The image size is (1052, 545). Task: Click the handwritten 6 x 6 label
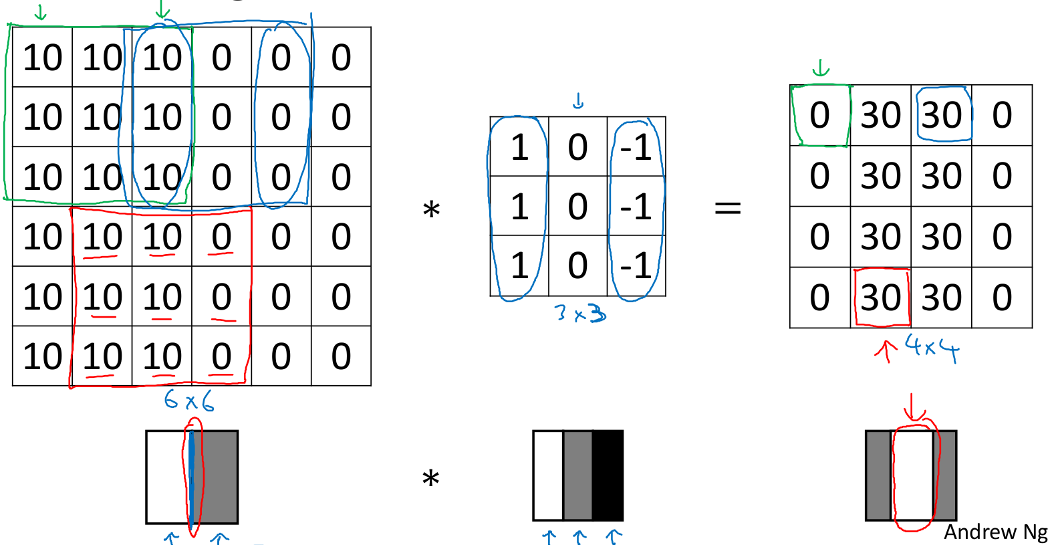(189, 401)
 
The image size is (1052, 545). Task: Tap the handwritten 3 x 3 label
(580, 313)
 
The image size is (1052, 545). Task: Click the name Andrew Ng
(995, 532)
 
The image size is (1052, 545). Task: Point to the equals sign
(728, 207)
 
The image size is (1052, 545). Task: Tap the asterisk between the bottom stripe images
(431, 479)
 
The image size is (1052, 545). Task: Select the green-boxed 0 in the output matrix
(819, 115)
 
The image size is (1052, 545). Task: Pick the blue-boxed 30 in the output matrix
(942, 115)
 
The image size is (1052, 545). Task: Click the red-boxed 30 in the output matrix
(881, 298)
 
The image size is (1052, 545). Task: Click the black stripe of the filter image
(608, 475)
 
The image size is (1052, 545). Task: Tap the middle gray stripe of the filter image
(578, 475)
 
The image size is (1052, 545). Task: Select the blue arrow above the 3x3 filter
(578, 101)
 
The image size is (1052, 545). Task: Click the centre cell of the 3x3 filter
(577, 206)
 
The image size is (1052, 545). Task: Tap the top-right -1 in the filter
(636, 147)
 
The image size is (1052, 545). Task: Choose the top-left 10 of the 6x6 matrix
(42, 58)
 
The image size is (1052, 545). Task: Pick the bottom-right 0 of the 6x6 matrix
(341, 356)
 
